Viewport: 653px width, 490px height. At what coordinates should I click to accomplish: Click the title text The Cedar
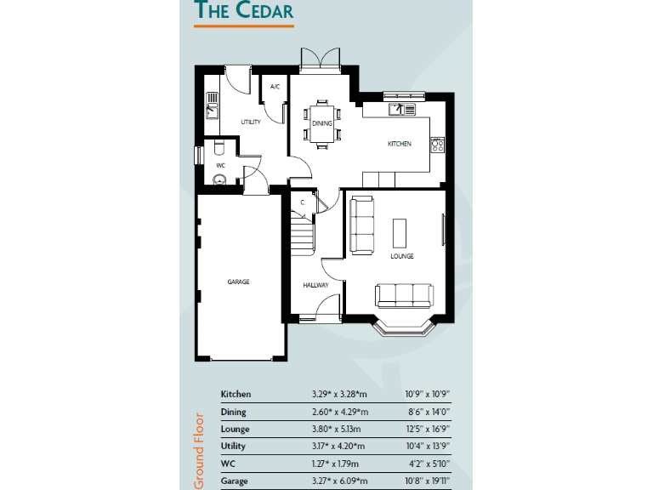pyautogui.click(x=244, y=11)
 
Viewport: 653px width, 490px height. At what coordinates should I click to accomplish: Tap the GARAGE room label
pyautogui.click(x=238, y=282)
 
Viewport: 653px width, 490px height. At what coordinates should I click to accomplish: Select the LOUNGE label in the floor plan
pyautogui.click(x=402, y=255)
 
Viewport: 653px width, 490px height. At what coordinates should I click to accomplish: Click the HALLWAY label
pyautogui.click(x=315, y=285)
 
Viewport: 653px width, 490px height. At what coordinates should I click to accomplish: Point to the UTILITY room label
pyautogui.click(x=250, y=122)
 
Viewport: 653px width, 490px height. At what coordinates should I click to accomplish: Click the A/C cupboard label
pyautogui.click(x=275, y=88)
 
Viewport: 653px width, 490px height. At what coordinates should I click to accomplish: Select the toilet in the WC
pyautogui.click(x=219, y=179)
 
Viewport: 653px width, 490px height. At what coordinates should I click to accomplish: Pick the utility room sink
pyautogui.click(x=213, y=111)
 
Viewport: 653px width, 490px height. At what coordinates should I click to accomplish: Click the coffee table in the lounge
pyautogui.click(x=399, y=231)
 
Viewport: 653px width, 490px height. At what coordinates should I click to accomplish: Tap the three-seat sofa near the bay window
pyautogui.click(x=405, y=295)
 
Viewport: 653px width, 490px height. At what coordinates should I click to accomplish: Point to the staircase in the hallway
pyautogui.click(x=302, y=232)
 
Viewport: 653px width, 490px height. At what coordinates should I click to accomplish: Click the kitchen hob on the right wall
pyautogui.click(x=438, y=145)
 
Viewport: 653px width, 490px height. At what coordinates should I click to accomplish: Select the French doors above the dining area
pyautogui.click(x=321, y=60)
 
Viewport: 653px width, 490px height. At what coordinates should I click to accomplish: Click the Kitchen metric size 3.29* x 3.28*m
pyautogui.click(x=338, y=395)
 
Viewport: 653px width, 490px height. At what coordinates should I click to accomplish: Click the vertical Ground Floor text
pyautogui.click(x=200, y=450)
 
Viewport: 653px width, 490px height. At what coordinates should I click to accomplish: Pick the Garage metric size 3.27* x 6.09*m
pyautogui.click(x=338, y=481)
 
